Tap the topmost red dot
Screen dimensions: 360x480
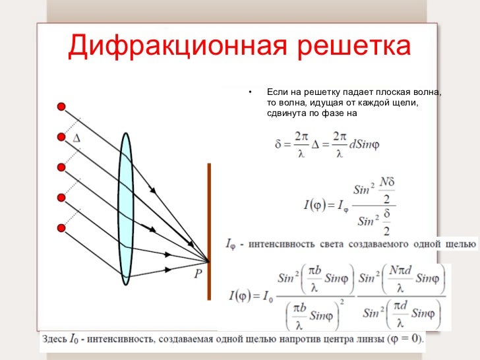pyautogui.click(x=61, y=106)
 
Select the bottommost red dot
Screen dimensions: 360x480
pyautogui.click(x=61, y=228)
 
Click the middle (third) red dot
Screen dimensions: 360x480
pyautogui.click(x=61, y=166)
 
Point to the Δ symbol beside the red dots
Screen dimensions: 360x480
pyautogui.click(x=76, y=138)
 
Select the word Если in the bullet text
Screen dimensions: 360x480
pyautogui.click(x=277, y=92)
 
